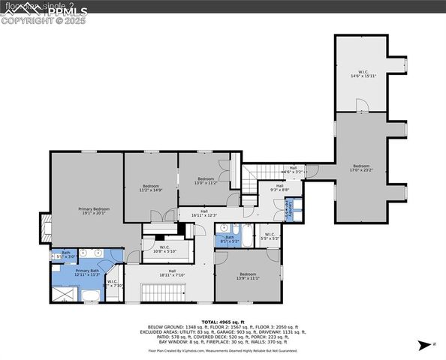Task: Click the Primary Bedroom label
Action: coord(95,211)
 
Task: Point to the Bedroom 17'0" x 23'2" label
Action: coord(362,168)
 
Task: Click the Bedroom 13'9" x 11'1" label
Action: coord(247,276)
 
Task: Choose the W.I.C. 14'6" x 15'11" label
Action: coord(362,73)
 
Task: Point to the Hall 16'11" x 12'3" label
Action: coord(203,214)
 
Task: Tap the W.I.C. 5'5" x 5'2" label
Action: coord(270,237)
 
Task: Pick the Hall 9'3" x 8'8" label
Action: coord(279,187)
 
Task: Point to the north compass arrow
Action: coord(426,345)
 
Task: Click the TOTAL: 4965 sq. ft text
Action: coord(223,321)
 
